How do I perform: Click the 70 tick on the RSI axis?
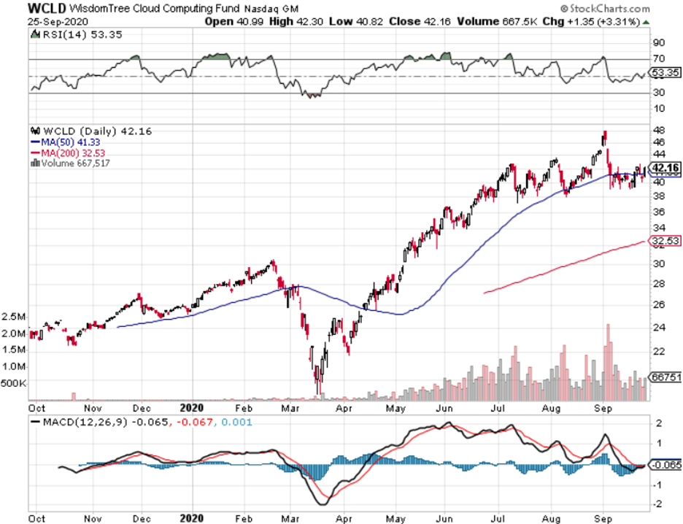click(658, 58)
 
